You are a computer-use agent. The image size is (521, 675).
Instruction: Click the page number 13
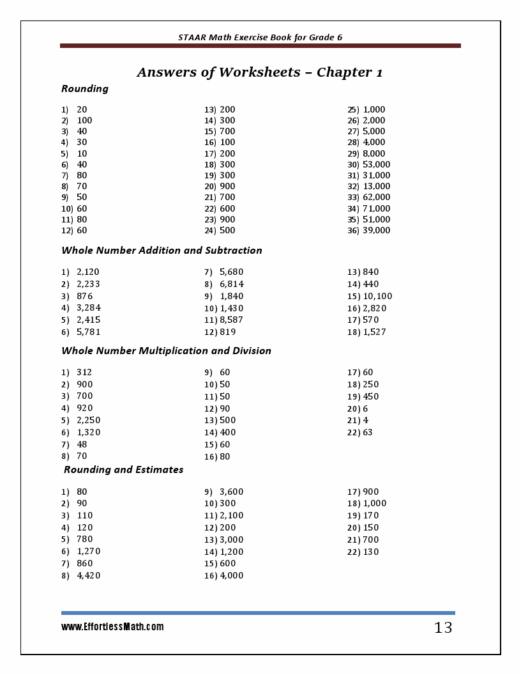[x=443, y=628]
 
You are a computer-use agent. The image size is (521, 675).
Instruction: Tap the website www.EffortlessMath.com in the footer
[x=112, y=627]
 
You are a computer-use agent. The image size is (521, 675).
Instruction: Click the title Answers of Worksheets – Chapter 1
[x=259, y=72]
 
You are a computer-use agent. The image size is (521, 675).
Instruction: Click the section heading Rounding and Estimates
[x=124, y=470]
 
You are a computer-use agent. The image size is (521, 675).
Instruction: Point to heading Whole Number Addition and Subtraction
[x=162, y=251]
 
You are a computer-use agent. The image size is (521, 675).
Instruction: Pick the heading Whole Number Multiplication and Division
[x=166, y=351]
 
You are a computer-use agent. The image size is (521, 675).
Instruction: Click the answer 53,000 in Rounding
[x=376, y=164]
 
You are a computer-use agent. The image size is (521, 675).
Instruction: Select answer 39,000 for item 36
[x=376, y=230]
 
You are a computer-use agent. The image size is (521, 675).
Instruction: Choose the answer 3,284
[x=89, y=308]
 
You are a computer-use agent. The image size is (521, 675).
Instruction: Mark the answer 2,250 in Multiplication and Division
[x=89, y=420]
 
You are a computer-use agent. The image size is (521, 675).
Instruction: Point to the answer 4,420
[x=89, y=575]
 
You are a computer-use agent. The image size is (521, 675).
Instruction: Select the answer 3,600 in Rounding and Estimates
[x=231, y=492]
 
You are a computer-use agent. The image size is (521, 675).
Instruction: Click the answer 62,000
[x=376, y=197]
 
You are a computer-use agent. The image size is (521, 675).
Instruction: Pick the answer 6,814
[x=231, y=284]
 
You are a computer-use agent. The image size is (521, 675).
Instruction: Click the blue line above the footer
[x=258, y=613]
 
